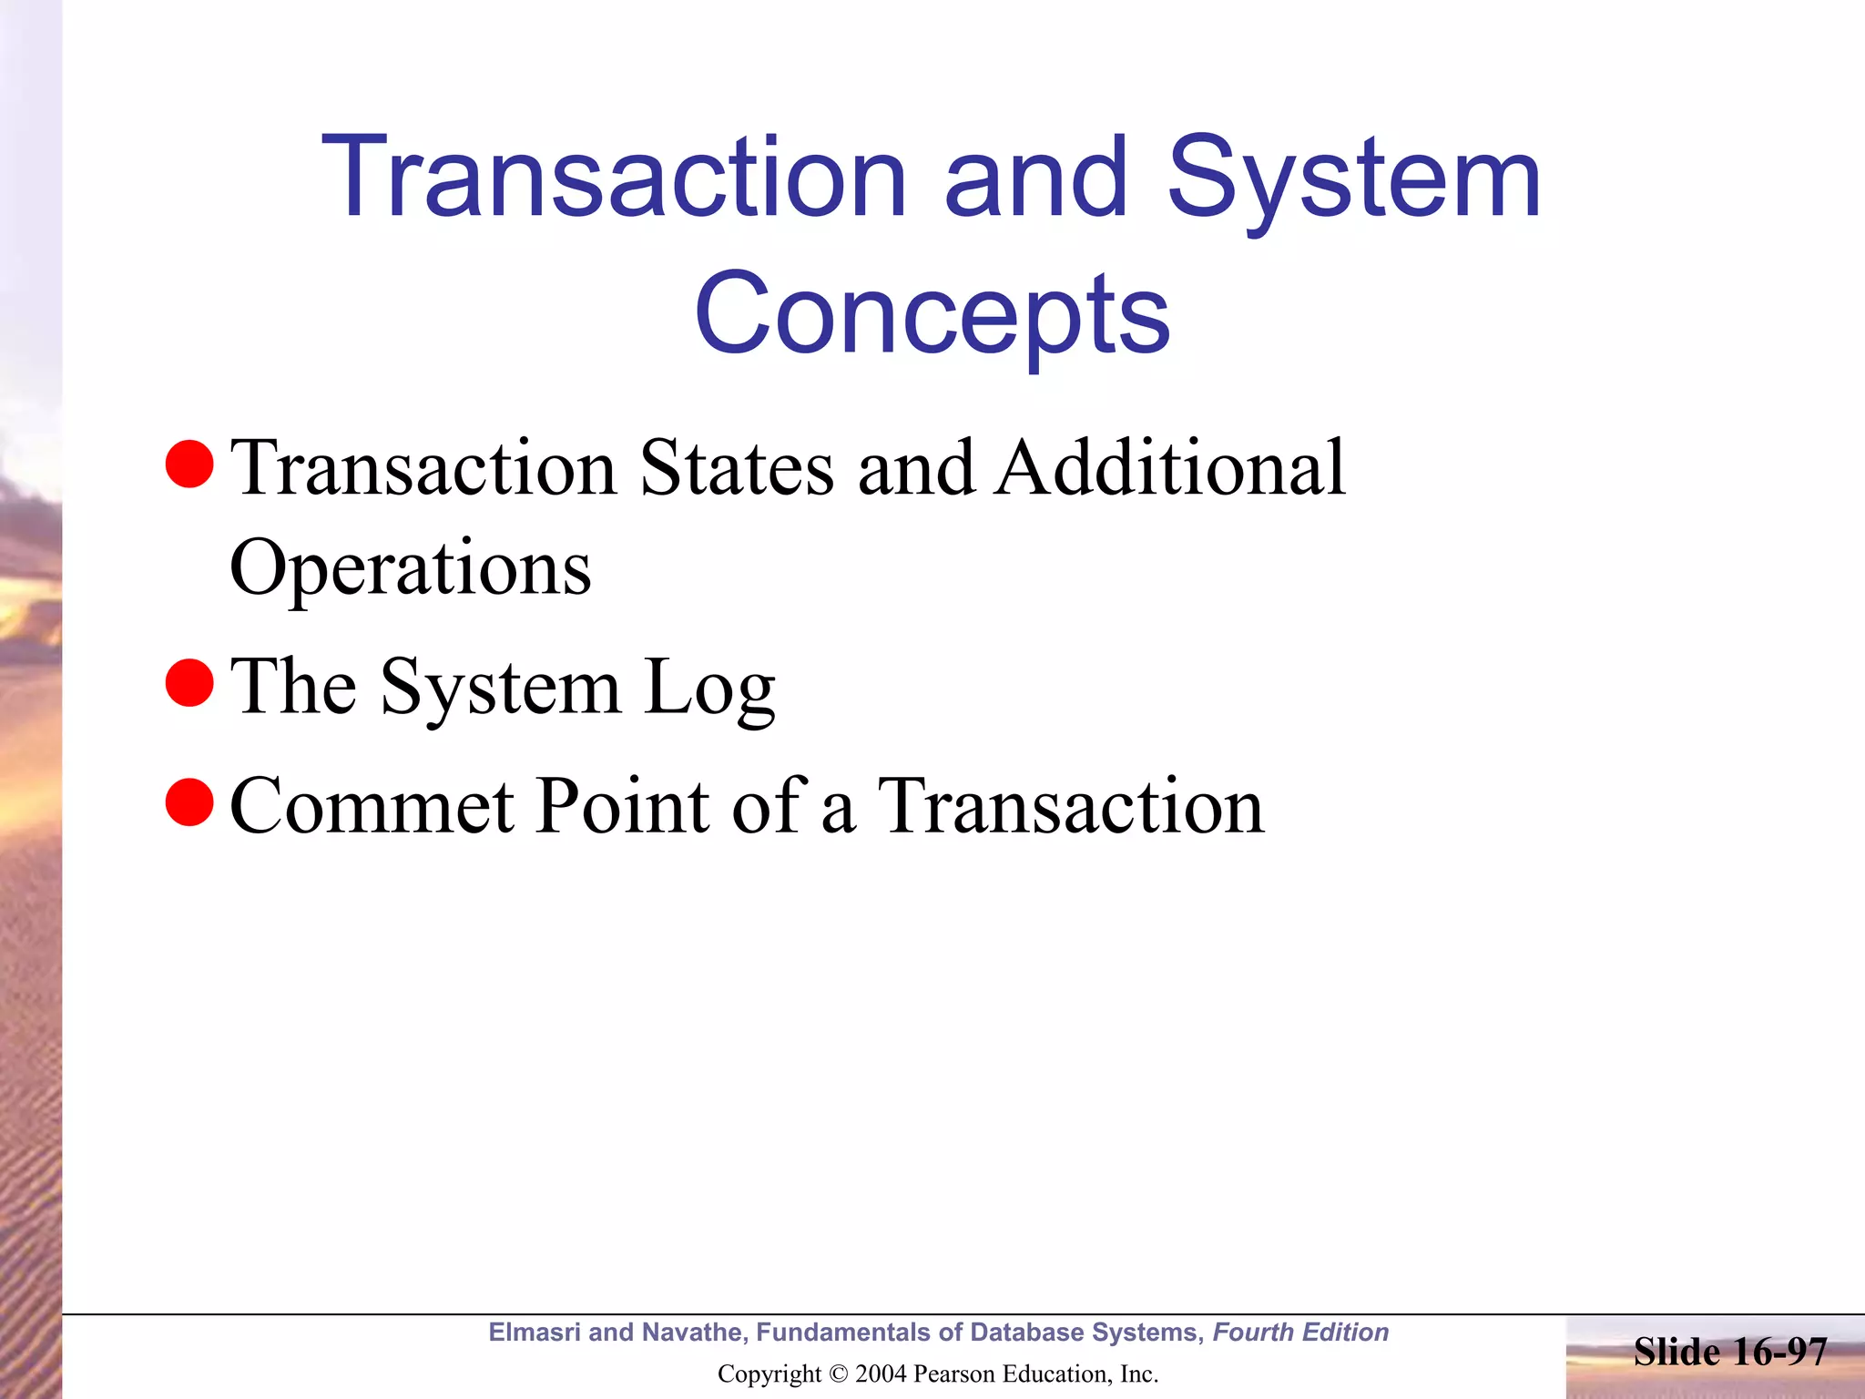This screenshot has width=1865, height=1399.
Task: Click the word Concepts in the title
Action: point(932,314)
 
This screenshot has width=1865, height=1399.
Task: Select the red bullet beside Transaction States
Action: point(189,464)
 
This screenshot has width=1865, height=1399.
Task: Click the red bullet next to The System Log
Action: point(189,682)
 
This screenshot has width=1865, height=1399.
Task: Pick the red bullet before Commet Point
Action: point(189,802)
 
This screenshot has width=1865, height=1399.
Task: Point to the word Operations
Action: point(411,569)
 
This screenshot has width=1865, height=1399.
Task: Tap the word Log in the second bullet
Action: point(709,688)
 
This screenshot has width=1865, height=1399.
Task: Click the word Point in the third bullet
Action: point(622,805)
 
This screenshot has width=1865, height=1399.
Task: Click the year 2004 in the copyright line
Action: point(881,1373)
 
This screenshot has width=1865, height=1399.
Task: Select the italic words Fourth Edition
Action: point(1300,1332)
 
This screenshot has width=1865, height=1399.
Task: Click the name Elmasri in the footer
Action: point(535,1332)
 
